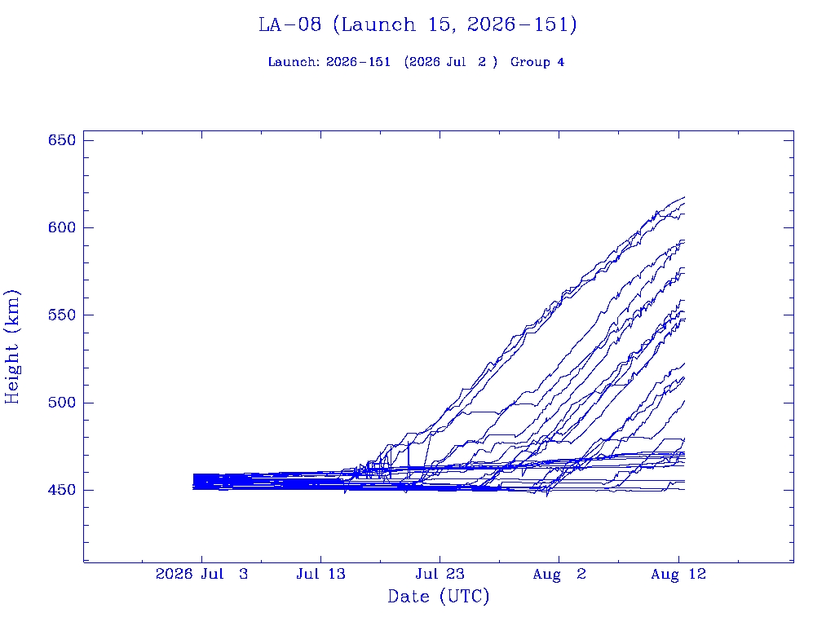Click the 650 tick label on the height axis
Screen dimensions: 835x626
click(62, 140)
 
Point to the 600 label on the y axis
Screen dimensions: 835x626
click(62, 227)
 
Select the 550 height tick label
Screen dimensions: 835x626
click(62, 315)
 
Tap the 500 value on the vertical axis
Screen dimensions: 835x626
click(62, 403)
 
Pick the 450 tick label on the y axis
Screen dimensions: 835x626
click(62, 490)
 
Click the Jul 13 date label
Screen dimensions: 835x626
click(320, 574)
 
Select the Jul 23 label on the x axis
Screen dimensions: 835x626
click(440, 574)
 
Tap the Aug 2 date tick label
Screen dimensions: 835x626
click(559, 574)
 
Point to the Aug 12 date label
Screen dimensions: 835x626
click(678, 574)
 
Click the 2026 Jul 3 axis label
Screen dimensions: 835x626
click(202, 574)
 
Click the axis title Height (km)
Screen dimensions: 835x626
click(11, 347)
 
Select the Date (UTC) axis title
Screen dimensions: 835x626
click(438, 597)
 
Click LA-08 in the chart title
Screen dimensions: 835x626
click(290, 24)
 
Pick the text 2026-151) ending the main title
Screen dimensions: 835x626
click(522, 24)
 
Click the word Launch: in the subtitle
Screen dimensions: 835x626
click(294, 62)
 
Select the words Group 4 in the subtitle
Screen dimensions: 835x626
click(537, 62)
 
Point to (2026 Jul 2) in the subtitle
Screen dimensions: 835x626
click(450, 62)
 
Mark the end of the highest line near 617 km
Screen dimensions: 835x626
click(685, 197)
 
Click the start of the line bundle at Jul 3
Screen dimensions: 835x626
click(193, 481)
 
